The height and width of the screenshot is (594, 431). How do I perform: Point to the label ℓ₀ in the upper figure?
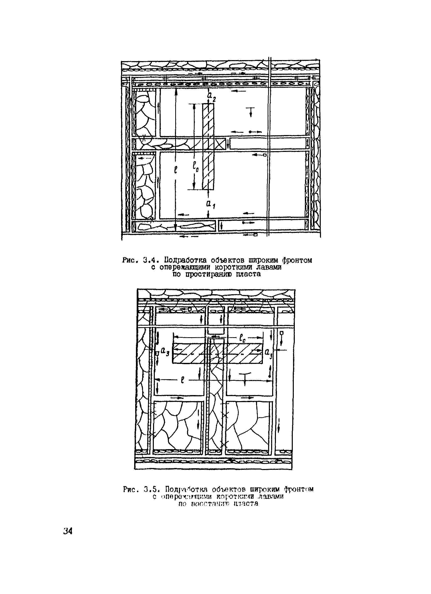coord(196,167)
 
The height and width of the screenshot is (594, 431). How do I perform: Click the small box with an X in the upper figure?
coord(221,144)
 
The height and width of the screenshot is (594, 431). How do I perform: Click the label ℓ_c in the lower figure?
coord(242,339)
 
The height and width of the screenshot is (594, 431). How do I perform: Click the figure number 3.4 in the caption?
coord(150,260)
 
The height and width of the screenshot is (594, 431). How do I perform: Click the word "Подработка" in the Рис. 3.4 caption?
coord(186,260)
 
